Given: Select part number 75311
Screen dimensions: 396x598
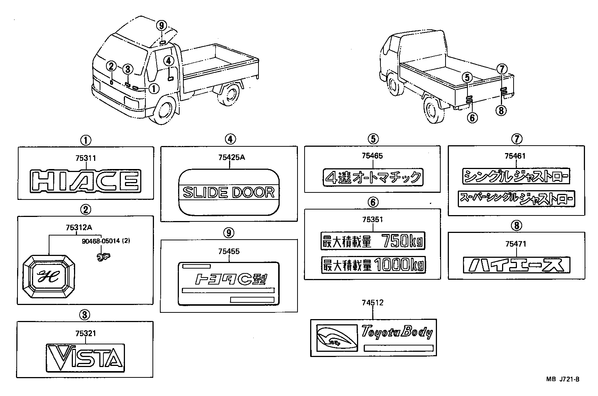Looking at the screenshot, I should tap(86, 158).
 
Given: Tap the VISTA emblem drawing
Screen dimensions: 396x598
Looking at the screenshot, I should tap(86, 357).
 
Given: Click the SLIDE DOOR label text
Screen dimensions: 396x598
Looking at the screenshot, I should tap(229, 192).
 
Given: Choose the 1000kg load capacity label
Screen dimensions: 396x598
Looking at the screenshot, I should tap(373, 264).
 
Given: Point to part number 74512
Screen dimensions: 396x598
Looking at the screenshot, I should tap(372, 303).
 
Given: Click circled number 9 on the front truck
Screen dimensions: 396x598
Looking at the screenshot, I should tap(161, 26).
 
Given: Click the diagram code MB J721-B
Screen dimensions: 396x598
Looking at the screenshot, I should tap(563, 379).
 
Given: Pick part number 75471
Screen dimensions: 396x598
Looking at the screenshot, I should tap(516, 244).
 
